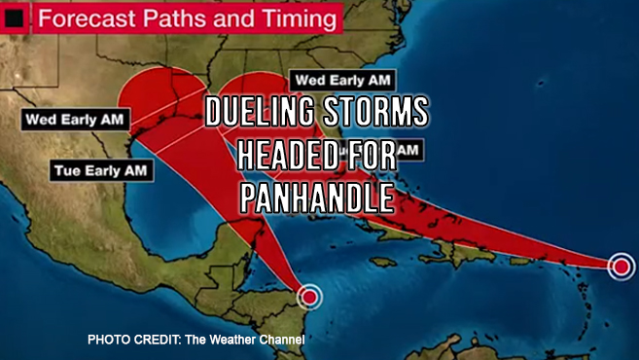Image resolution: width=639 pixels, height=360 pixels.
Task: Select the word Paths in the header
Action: click(175, 18)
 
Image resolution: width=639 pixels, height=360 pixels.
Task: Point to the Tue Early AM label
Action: click(101, 170)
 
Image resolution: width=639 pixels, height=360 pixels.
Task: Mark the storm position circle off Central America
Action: click(309, 296)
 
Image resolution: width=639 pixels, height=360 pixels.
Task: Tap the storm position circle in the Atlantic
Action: click(620, 266)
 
